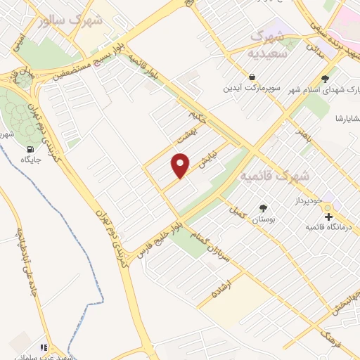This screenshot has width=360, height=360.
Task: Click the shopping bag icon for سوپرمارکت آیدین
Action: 252,77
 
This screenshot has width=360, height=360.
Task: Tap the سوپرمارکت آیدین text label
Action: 252,89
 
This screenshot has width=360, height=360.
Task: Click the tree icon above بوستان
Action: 263,208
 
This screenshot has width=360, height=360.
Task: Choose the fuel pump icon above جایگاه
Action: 30,148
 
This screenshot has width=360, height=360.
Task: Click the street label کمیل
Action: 236,211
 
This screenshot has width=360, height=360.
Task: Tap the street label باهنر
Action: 303,132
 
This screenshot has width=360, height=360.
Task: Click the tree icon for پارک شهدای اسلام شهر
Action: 325,79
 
